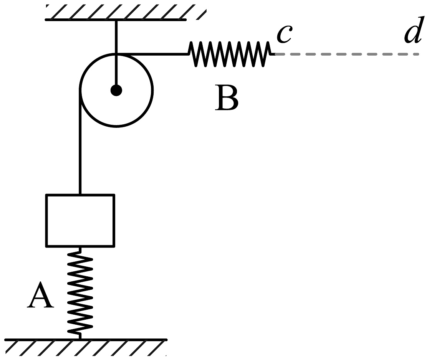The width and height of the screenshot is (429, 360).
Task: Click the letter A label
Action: coord(40,295)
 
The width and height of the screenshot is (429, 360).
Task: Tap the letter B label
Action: coord(227,97)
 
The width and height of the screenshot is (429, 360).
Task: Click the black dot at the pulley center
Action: coord(116,90)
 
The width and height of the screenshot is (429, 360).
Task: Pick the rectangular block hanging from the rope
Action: coord(80,221)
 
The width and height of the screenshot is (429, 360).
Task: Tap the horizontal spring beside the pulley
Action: coord(232,54)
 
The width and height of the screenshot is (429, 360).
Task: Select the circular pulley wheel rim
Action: coord(116,126)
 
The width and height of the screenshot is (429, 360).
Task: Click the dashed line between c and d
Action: coord(347,54)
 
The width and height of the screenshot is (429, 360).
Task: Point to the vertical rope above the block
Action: coord(80,142)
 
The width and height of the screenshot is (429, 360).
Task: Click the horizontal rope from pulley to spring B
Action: coord(152,54)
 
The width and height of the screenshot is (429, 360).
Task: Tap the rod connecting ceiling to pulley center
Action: coord(116,54)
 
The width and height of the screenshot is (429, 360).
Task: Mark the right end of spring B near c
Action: coord(275,54)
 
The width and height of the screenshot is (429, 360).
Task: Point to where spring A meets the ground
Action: coord(80,339)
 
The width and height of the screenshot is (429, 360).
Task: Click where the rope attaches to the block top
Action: coord(80,194)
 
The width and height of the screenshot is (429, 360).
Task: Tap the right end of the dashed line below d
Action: coord(419,54)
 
